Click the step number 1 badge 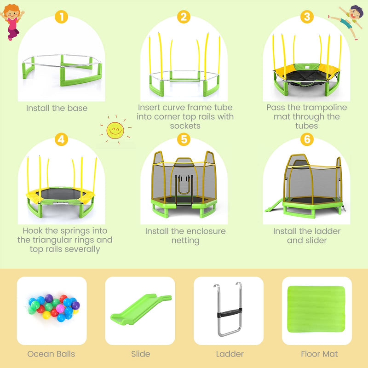pos(61,17)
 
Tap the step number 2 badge pos(184,17)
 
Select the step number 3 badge pos(307,17)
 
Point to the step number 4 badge pos(61,139)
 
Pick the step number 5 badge pos(184,139)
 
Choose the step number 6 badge pos(307,139)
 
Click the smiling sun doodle pos(115,130)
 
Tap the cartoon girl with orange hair pos(12,22)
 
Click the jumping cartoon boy pos(347,22)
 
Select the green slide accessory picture pos(140,310)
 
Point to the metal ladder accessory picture pos(228,309)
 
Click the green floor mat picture pos(316,309)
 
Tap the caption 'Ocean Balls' pos(51,354)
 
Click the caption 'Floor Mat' pos(319,354)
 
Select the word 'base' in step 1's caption pos(77,108)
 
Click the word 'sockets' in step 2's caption pos(185,126)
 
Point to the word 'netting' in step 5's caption pos(185,241)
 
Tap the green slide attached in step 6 pos(274,205)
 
